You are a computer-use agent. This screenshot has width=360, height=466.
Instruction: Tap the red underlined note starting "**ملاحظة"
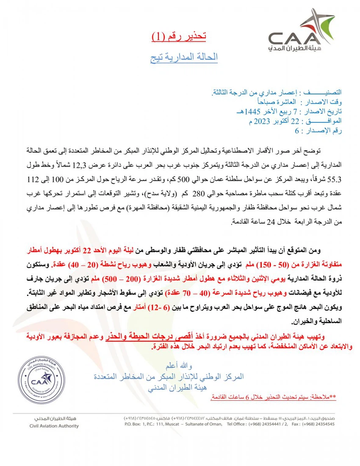point(274,397)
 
